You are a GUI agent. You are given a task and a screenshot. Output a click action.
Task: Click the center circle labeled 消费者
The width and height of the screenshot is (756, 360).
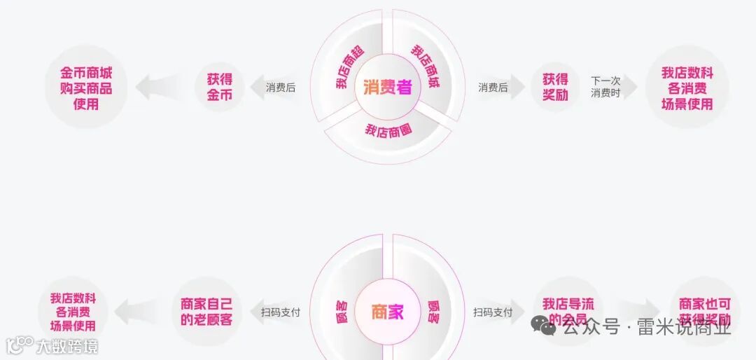(x=387, y=88)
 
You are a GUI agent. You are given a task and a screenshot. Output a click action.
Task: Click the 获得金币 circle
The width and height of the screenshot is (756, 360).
(x=219, y=87)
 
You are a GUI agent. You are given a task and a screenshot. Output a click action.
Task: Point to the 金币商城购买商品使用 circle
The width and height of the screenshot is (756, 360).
(x=86, y=88)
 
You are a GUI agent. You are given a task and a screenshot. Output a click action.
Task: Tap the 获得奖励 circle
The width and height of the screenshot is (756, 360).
(x=555, y=87)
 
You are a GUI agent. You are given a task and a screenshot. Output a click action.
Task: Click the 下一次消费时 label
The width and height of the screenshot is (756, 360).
(x=605, y=87)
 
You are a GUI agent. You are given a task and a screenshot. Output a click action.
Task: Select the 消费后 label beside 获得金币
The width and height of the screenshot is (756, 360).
(x=281, y=88)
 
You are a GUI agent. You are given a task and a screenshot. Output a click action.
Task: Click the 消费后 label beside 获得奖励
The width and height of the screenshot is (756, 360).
(x=493, y=88)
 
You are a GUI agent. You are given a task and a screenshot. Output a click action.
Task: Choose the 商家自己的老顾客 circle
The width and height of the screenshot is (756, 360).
(x=206, y=312)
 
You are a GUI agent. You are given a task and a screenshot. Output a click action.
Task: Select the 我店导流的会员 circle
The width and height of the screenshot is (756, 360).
(x=568, y=312)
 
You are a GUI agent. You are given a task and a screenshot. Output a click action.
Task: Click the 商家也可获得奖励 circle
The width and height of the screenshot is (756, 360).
(x=705, y=312)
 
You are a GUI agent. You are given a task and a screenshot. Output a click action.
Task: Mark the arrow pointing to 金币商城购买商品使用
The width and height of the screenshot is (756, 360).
(x=155, y=88)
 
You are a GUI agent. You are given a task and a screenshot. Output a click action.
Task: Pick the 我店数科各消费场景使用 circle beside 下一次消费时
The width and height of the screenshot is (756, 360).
(x=687, y=88)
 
